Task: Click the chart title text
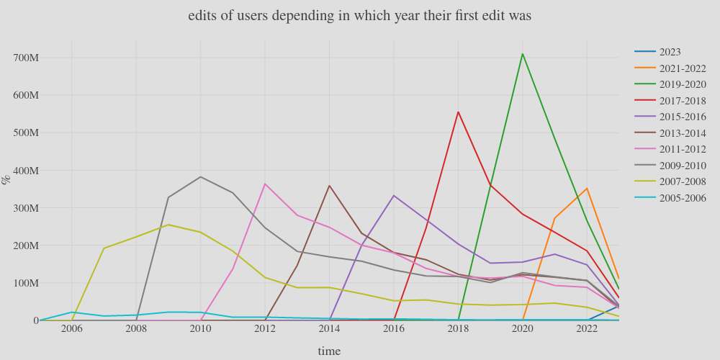point(359,16)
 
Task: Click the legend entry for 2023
point(670,52)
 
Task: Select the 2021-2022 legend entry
point(682,68)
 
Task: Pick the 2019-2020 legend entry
point(682,84)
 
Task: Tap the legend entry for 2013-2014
point(682,133)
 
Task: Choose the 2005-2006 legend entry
point(682,198)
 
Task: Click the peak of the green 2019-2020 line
point(523,54)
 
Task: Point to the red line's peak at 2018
point(458,112)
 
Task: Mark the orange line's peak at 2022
point(587,189)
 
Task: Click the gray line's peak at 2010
point(200,176)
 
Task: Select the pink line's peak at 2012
point(265,184)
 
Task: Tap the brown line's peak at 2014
point(329,186)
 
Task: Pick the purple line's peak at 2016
point(394,195)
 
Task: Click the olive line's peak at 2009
point(168,225)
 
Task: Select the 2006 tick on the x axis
point(71,329)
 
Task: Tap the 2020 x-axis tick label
point(523,329)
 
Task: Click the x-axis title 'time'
point(329,351)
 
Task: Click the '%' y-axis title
point(7,179)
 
